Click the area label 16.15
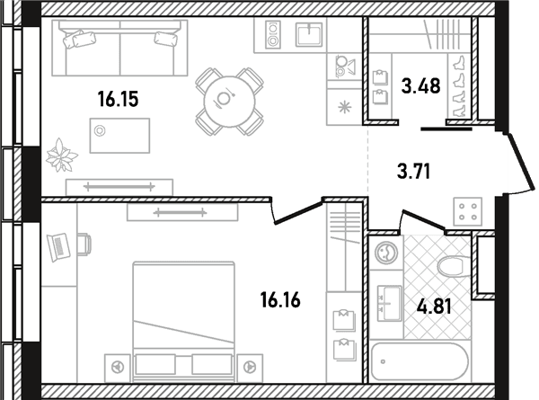coord(118,99)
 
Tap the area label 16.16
coord(280,299)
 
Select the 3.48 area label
coord(420,86)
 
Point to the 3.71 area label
coord(413,172)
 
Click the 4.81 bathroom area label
coord(434,307)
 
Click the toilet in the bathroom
coord(454,266)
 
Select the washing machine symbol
coord(386,253)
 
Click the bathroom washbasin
coord(390,303)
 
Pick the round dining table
coord(229,102)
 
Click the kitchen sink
coord(309,34)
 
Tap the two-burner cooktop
coord(273,34)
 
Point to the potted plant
coord(61,156)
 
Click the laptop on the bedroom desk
coord(58,247)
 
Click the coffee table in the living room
coord(119,136)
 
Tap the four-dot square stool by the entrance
coord(467,211)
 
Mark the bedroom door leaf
coord(298,213)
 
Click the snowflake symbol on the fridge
coord(344,107)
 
